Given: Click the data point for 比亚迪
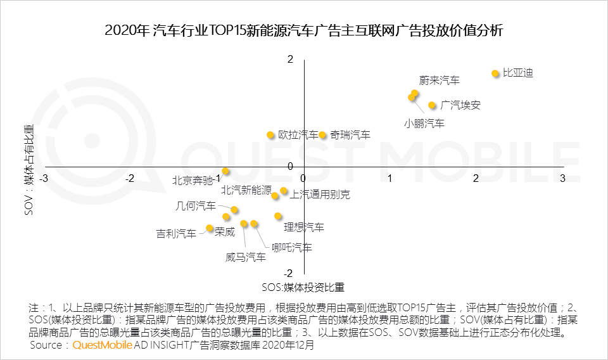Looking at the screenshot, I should pos(495,74).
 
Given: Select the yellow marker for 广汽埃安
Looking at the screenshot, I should pos(432,105).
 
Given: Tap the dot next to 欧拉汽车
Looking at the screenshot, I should pos(270,135).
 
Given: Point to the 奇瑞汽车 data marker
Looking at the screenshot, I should pos(322,135).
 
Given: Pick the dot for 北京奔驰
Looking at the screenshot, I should pos(225,172).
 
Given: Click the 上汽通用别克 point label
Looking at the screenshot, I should pos(319,195).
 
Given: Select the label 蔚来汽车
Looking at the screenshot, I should pos(439,80).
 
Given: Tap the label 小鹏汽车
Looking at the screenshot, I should pos(424,124).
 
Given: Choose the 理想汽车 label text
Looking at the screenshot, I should pos(304,227).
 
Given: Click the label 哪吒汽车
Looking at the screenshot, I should pos(291,247).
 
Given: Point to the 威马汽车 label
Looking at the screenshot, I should pos(246,257).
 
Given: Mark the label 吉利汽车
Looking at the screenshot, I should pos(176,234).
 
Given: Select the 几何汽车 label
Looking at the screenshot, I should pos(195,206).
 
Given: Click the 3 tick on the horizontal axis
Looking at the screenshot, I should pos(562,179).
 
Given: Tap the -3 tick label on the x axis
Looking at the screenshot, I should pos(44,179).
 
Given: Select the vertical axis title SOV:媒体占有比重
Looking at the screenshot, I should pos(29,169).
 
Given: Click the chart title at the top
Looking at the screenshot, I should pos(304,30).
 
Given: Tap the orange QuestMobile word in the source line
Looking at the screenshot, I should pos(102,345).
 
